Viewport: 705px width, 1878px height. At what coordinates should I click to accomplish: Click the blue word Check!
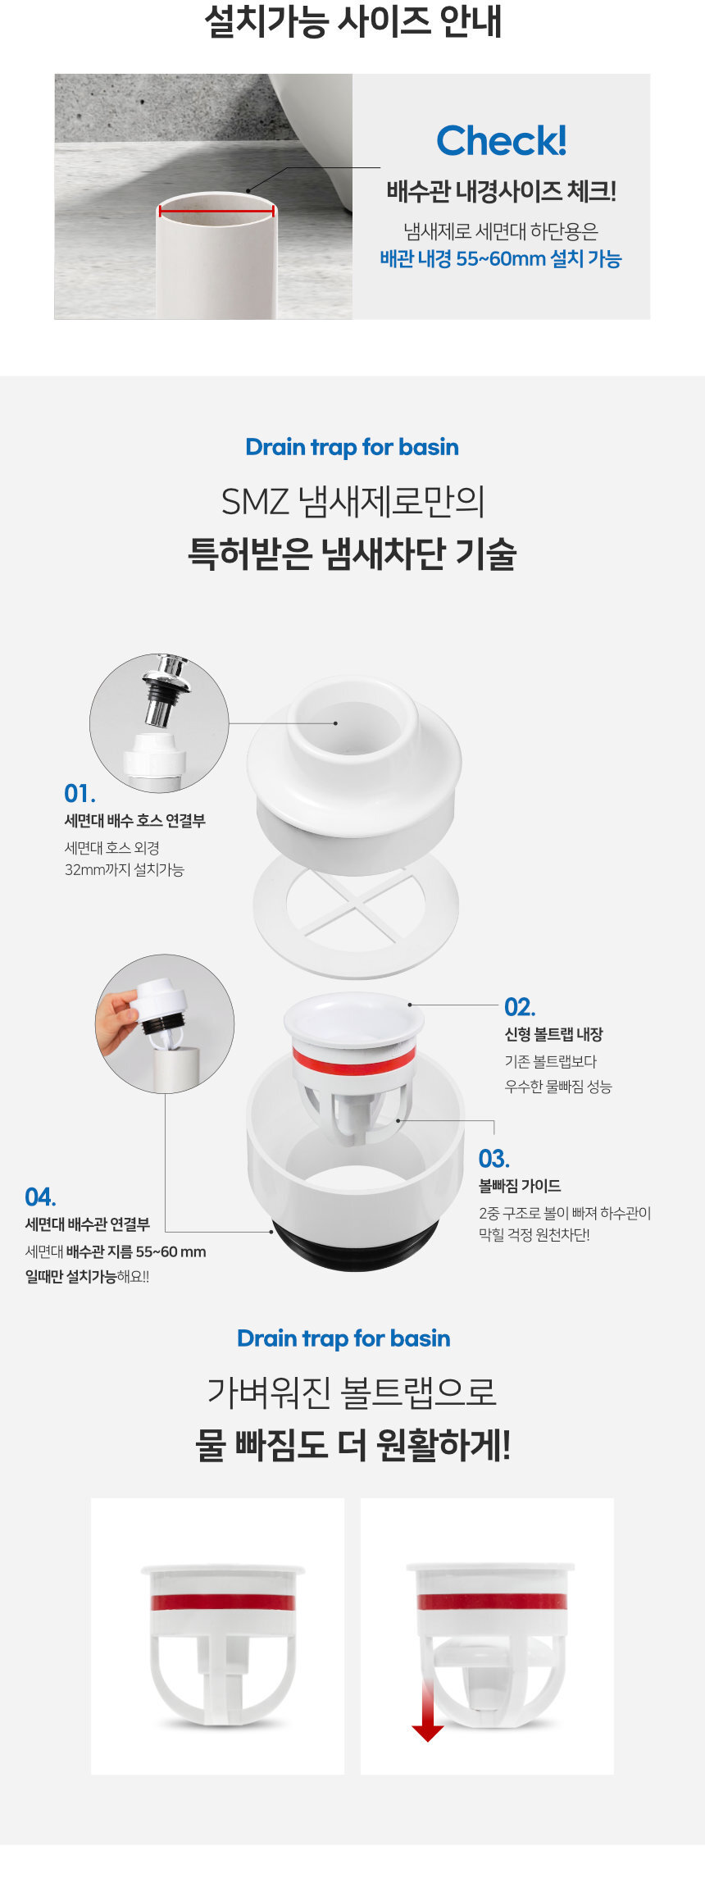tap(501, 141)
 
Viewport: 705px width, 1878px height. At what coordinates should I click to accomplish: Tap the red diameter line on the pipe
tap(216, 211)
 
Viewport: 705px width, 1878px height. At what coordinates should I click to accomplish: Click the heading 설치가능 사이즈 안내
tap(352, 21)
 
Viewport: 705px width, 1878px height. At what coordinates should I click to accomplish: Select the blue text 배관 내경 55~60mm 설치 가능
tap(501, 259)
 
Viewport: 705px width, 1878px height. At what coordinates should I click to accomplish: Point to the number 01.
tap(80, 794)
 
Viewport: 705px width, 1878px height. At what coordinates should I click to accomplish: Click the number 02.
tap(520, 1007)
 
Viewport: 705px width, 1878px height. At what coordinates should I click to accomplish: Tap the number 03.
tap(494, 1159)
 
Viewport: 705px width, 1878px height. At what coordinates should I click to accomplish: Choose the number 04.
tap(40, 1197)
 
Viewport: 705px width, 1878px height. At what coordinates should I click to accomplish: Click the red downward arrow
tap(427, 1710)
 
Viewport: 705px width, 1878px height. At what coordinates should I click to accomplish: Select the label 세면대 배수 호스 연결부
tap(134, 821)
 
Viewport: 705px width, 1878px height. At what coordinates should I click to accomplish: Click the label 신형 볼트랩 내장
tap(553, 1035)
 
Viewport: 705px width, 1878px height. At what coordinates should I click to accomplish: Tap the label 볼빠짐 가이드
tap(520, 1186)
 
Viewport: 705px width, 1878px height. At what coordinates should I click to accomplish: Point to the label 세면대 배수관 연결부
tap(87, 1224)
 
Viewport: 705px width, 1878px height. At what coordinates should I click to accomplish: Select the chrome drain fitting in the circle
tap(164, 690)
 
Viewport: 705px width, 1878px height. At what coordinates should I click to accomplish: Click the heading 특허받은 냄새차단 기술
tap(352, 553)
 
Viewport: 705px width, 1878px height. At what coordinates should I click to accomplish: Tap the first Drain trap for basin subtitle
tap(352, 447)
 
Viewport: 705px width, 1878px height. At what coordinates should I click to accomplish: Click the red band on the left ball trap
tap(222, 1602)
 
